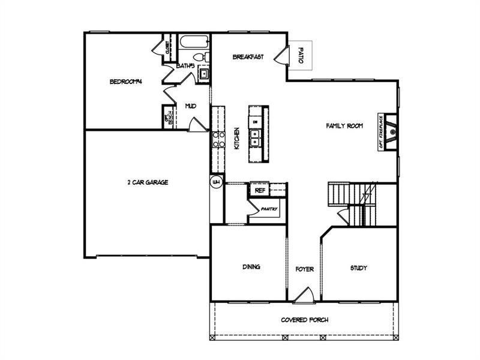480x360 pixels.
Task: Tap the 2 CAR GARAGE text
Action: point(147,182)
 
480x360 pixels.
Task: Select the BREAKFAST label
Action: point(248,57)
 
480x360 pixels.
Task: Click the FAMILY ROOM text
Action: point(344,126)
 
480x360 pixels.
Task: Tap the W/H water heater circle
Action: point(216,181)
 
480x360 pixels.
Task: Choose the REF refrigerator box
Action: point(260,190)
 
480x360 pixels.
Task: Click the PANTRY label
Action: point(269,209)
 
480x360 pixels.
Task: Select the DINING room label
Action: point(251,267)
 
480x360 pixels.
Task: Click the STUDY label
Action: point(358,268)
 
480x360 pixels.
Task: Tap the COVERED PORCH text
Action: point(304,319)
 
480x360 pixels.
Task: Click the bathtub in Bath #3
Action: point(193,43)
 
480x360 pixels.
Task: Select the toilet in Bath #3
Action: point(206,57)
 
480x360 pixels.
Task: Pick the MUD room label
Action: point(190,106)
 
